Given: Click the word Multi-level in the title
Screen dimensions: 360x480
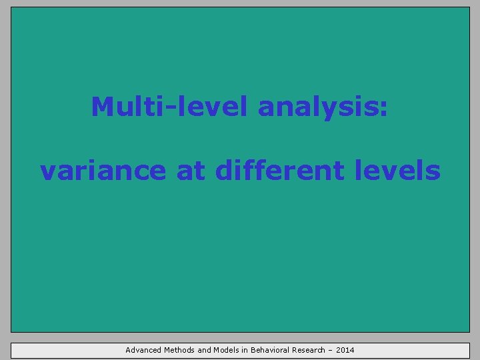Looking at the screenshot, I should point(170,106).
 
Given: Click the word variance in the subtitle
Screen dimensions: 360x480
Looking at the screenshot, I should point(102,171).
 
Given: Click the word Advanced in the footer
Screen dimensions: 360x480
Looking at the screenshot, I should point(143,350).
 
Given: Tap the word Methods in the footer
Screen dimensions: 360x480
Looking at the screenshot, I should point(179,350).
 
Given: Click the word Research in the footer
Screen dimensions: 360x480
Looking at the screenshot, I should point(307,350).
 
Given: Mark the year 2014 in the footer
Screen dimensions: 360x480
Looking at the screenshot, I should point(346,350).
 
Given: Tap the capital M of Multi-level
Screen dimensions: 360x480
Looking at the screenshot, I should point(101,106).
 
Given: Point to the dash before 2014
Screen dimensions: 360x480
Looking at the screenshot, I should point(331,350).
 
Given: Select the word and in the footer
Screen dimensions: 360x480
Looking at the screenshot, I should point(204,350).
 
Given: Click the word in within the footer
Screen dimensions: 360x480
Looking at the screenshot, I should point(245,350).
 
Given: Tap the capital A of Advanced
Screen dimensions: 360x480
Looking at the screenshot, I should point(128,350).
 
